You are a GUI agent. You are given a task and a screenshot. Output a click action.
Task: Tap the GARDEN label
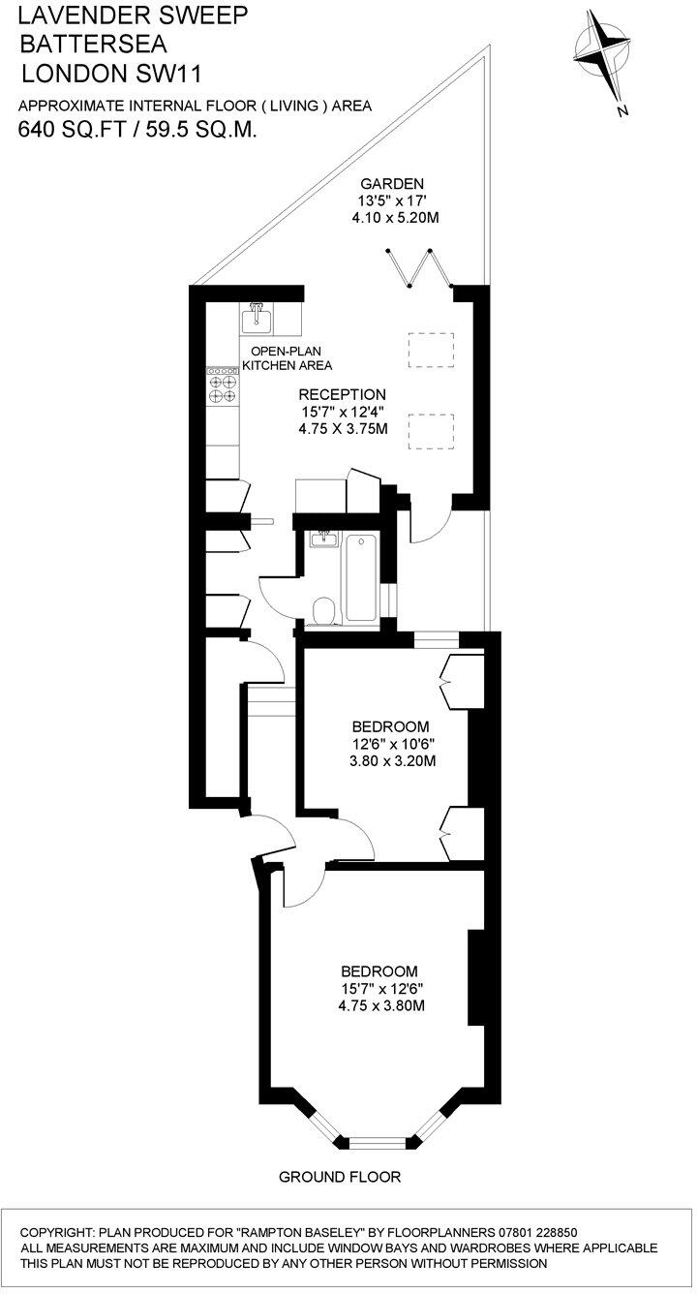coord(393,184)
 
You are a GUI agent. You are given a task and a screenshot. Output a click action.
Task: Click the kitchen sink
coord(258,316)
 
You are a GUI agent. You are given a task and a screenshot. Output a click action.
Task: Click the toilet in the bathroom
coord(324,611)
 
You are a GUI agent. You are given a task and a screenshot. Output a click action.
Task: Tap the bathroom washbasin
coord(322,539)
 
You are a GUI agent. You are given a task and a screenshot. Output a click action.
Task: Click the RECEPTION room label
coord(342,395)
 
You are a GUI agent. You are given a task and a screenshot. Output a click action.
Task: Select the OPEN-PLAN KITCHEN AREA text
coord(287,358)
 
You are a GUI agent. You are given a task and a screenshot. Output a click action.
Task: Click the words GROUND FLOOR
coord(339,1178)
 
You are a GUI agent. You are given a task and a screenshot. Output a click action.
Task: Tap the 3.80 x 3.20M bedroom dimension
coord(391,761)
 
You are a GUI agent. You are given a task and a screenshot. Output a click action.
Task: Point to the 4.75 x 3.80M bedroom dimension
coord(381,1006)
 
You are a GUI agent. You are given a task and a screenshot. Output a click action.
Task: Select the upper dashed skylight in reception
coord(431,350)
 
